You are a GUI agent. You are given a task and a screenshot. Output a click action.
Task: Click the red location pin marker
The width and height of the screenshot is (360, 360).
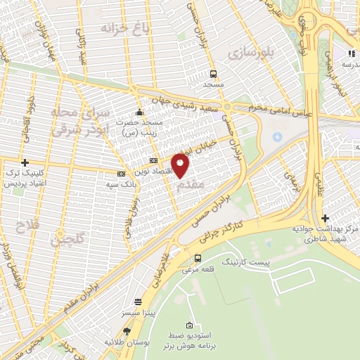coord(181,165)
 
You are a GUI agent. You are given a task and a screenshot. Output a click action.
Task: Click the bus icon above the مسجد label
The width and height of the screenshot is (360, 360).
coord(213,73)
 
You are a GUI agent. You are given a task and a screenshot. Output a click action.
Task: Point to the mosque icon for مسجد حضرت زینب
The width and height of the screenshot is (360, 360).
coord(139,111)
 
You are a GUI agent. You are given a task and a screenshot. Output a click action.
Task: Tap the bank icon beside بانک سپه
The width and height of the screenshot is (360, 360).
coord(122,174)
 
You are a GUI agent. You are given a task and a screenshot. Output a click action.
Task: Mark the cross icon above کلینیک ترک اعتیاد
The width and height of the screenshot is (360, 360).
coord(25,162)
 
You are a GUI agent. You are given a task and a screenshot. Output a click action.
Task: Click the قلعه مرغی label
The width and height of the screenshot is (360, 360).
coord(198,269)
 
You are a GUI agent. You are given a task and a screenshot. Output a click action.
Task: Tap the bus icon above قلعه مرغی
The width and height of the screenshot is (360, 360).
coord(198,258)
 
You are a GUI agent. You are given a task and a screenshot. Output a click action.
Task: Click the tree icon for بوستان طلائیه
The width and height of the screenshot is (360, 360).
coord(127,330)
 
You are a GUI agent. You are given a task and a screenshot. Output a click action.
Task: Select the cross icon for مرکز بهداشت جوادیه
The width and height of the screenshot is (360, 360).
coord(324,219)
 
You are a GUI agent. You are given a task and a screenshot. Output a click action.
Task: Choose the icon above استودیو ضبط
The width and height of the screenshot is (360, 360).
coord(188,325)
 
